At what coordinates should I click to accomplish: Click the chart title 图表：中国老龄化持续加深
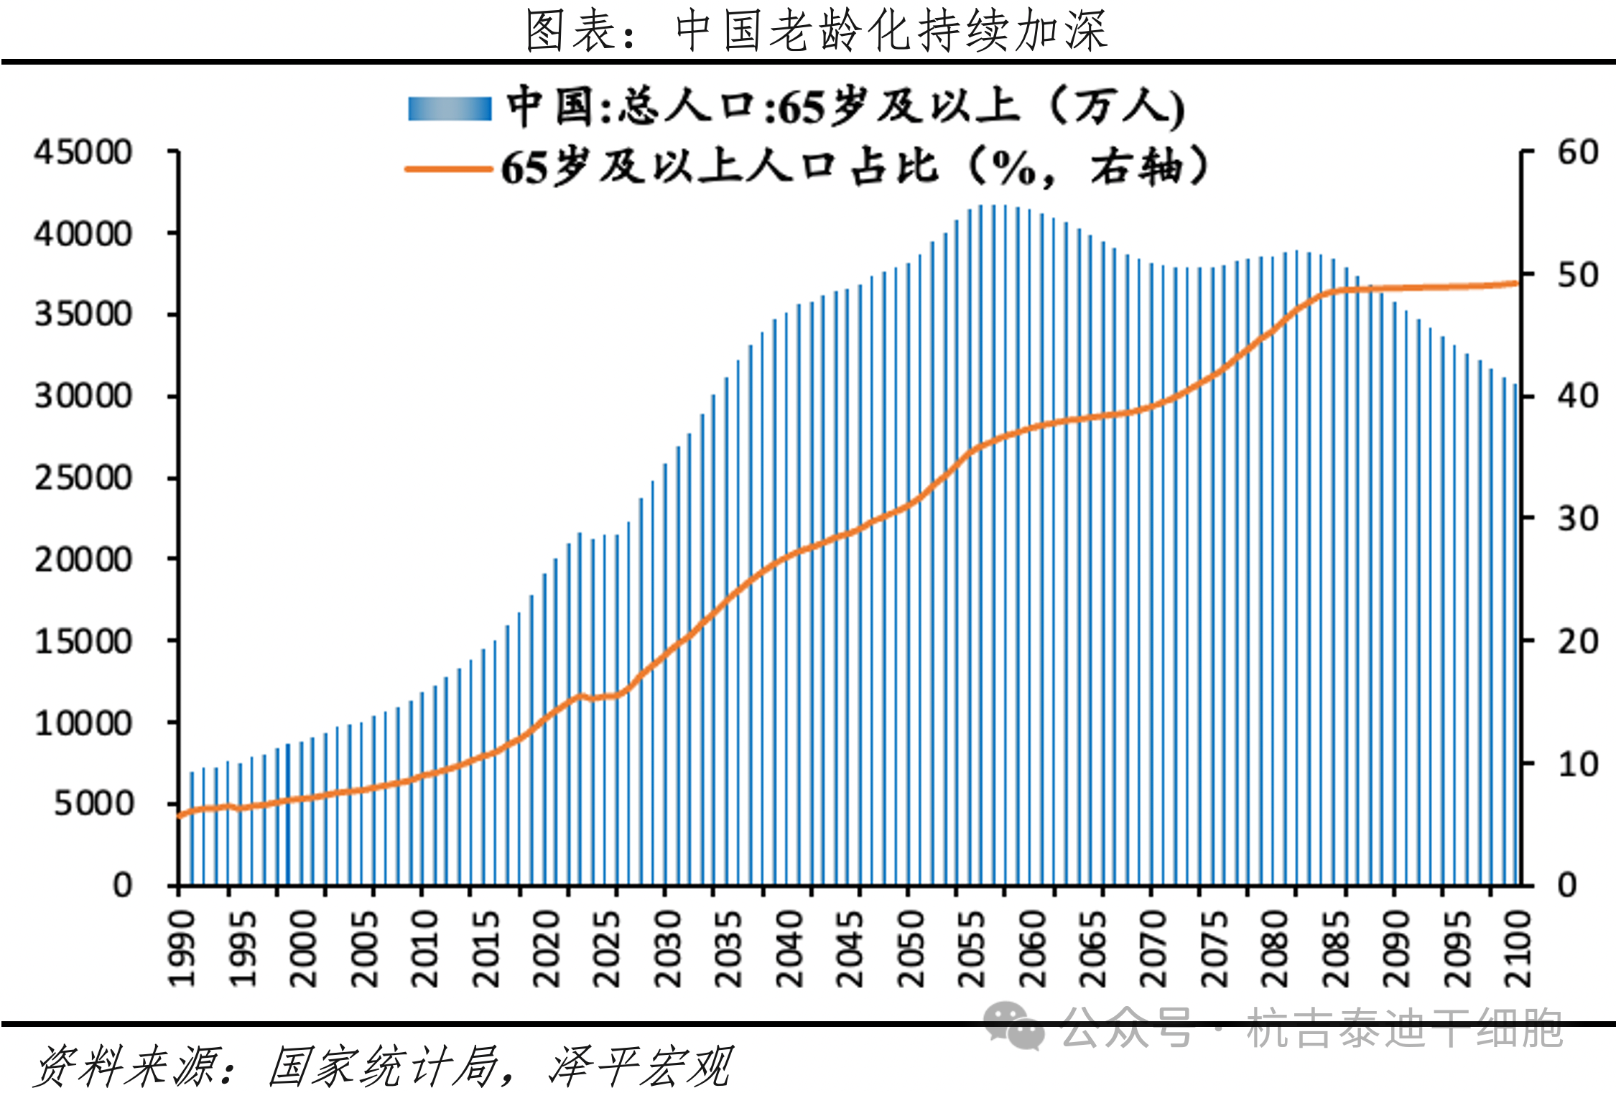pyautogui.click(x=817, y=31)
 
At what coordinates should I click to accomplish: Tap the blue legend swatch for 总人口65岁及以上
pyautogui.click(x=450, y=108)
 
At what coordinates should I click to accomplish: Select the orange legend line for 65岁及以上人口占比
pyautogui.click(x=448, y=169)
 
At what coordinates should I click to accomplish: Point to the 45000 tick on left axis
pyautogui.click(x=83, y=152)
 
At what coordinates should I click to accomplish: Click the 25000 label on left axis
pyautogui.click(x=83, y=478)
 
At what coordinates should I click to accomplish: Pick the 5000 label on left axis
pyautogui.click(x=93, y=804)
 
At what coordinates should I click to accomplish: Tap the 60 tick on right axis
pyautogui.click(x=1577, y=152)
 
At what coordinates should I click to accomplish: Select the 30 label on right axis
pyautogui.click(x=1577, y=518)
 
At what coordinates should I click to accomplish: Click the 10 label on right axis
pyautogui.click(x=1577, y=764)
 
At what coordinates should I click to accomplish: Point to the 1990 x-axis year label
pyautogui.click(x=182, y=949)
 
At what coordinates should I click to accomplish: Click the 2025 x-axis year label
pyautogui.click(x=607, y=949)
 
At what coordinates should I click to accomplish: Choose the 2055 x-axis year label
pyautogui.click(x=972, y=949)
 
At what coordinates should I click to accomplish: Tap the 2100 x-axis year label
pyautogui.click(x=1518, y=949)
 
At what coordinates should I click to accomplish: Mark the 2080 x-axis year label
pyautogui.click(x=1276, y=949)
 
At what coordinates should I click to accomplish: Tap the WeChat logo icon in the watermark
pyautogui.click(x=1013, y=1026)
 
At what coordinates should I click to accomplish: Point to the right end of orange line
pyautogui.click(x=1518, y=283)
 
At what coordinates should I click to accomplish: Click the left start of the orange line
pyautogui.click(x=180, y=816)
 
